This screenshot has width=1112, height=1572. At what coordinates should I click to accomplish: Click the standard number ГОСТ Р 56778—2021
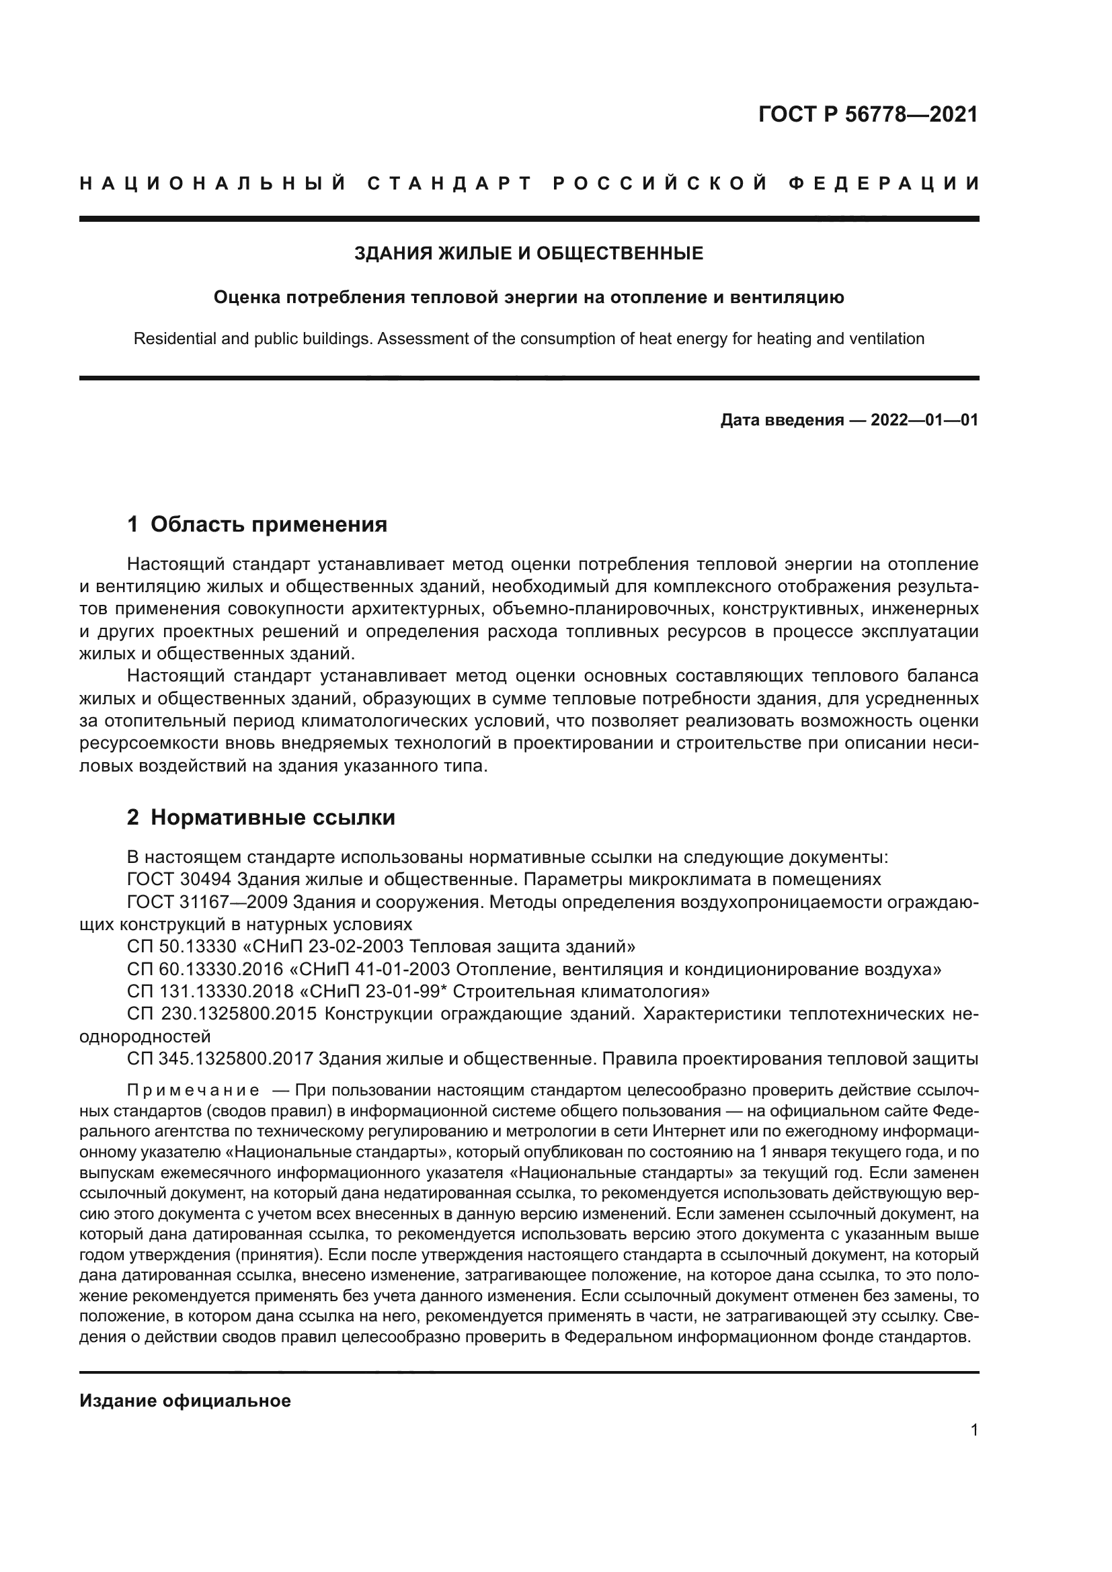(x=867, y=114)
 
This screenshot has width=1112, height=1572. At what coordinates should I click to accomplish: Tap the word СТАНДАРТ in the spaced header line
(x=449, y=183)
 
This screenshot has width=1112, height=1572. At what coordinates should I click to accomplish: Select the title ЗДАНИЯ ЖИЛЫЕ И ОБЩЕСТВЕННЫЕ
(x=528, y=254)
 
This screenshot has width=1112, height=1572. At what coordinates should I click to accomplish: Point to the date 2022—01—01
(x=924, y=420)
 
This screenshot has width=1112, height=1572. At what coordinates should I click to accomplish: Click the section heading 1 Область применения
(x=257, y=524)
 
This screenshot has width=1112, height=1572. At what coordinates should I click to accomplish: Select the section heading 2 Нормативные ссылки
(x=261, y=817)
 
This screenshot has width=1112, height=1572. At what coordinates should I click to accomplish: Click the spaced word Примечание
(x=193, y=1090)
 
